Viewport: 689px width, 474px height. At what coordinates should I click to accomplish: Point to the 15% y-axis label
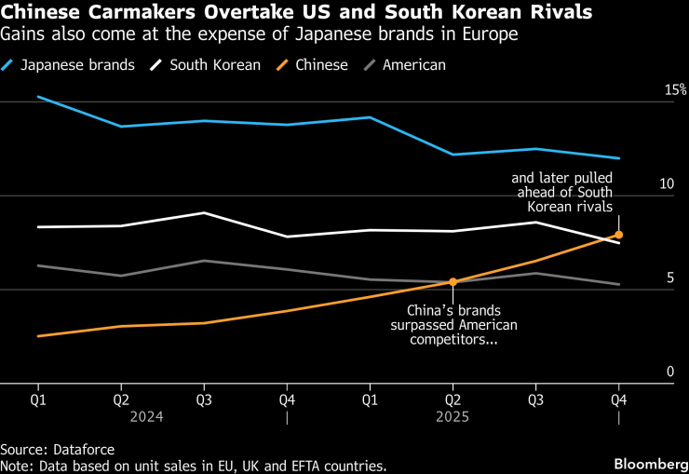point(675,90)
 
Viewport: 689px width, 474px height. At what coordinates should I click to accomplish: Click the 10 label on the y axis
point(666,184)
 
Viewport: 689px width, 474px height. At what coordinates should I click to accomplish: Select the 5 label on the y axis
point(669,278)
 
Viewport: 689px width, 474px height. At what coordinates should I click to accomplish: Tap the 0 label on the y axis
point(669,372)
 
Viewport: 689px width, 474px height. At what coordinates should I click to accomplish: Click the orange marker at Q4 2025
point(618,235)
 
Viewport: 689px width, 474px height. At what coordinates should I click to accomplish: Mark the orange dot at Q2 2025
point(453,281)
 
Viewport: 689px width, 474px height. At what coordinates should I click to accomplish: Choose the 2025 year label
point(453,417)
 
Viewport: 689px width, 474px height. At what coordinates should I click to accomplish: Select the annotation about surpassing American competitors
point(453,325)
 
